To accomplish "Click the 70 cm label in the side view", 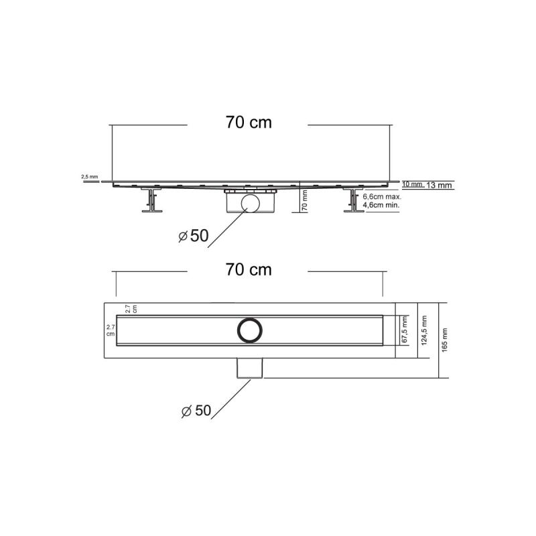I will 249,123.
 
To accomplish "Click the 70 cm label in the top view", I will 249,270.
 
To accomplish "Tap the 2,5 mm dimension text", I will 89,176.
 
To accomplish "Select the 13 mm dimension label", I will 441,186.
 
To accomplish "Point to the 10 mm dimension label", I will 412,184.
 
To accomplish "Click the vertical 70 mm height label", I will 305,199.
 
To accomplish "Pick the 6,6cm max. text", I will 383,197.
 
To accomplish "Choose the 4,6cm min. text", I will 383,206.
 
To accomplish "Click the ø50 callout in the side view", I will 194,236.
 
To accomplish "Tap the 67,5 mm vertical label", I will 404,330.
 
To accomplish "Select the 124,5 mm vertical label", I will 424,330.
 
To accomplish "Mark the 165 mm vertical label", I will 445,340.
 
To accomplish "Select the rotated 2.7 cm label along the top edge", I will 131,309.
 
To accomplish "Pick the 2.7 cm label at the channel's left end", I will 111,330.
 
